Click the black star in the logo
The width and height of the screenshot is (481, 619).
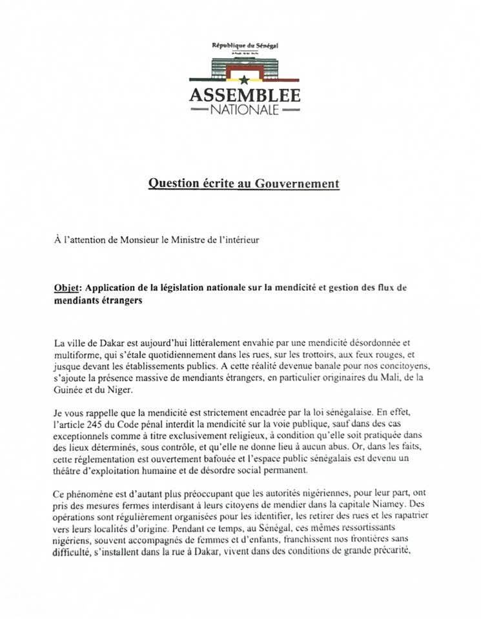245,80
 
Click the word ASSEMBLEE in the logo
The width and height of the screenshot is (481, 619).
245,95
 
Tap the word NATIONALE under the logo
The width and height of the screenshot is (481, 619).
245,110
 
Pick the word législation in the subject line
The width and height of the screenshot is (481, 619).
183,288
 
